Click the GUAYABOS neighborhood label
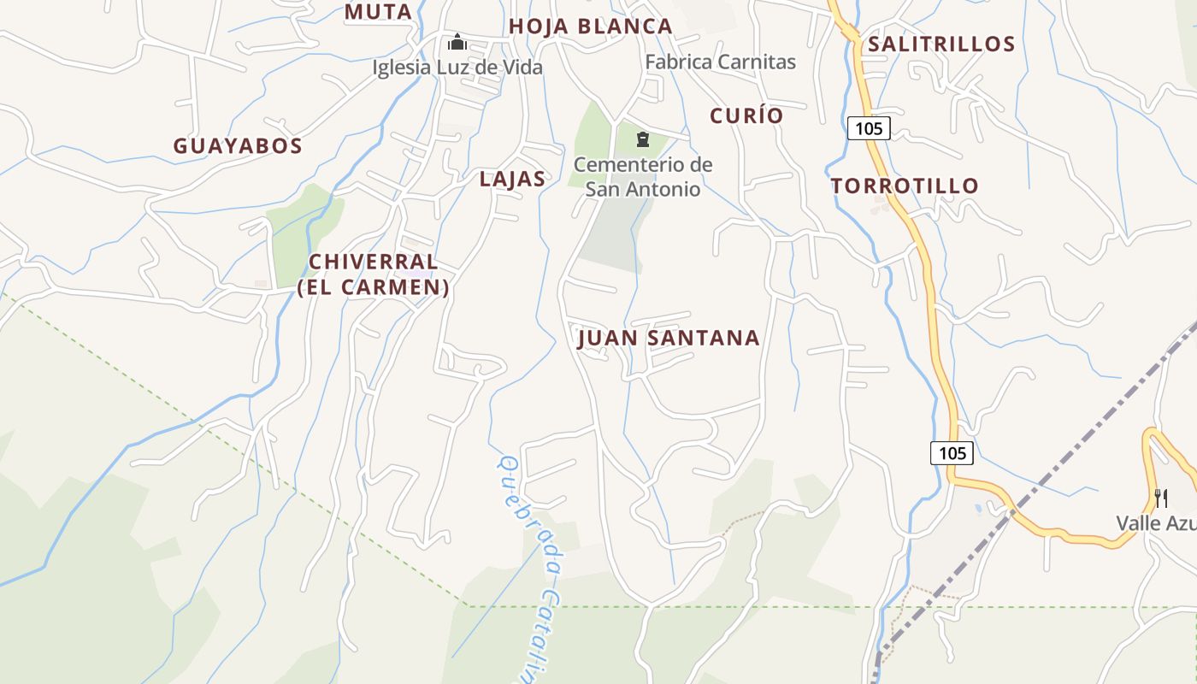[x=238, y=146]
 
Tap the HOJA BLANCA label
[x=591, y=27]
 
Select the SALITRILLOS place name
[x=941, y=44]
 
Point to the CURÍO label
[x=746, y=115]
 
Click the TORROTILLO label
[x=905, y=186]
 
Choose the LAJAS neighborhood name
[x=512, y=179]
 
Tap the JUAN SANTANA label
[x=669, y=339]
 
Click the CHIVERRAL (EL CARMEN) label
[x=374, y=274]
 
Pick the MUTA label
[x=378, y=12]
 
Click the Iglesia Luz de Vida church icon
[x=457, y=41]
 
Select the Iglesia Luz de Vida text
[x=457, y=67]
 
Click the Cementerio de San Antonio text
[x=643, y=176]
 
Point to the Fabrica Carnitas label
[x=720, y=62]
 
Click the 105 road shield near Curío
[x=869, y=128]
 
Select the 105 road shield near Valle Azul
[x=952, y=453]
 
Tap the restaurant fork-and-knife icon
[x=1161, y=498]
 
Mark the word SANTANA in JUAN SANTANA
[x=703, y=339]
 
